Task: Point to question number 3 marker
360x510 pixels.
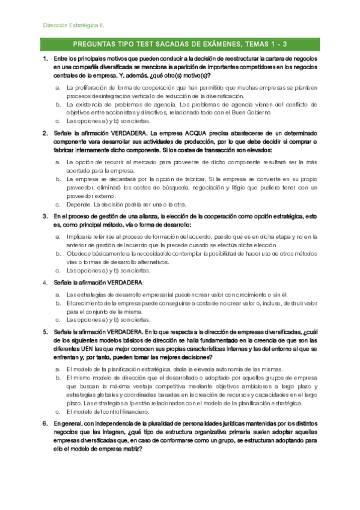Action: coord(45,215)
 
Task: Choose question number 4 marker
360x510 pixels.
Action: coord(45,282)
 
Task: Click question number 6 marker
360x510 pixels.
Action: coord(45,423)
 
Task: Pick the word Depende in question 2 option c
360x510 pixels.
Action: coord(78,204)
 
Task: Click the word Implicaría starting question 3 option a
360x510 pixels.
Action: coord(81,237)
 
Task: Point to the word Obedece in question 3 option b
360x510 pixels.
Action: coord(79,253)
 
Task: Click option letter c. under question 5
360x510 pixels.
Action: coord(57,411)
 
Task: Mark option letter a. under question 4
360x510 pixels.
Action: coord(57,295)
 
